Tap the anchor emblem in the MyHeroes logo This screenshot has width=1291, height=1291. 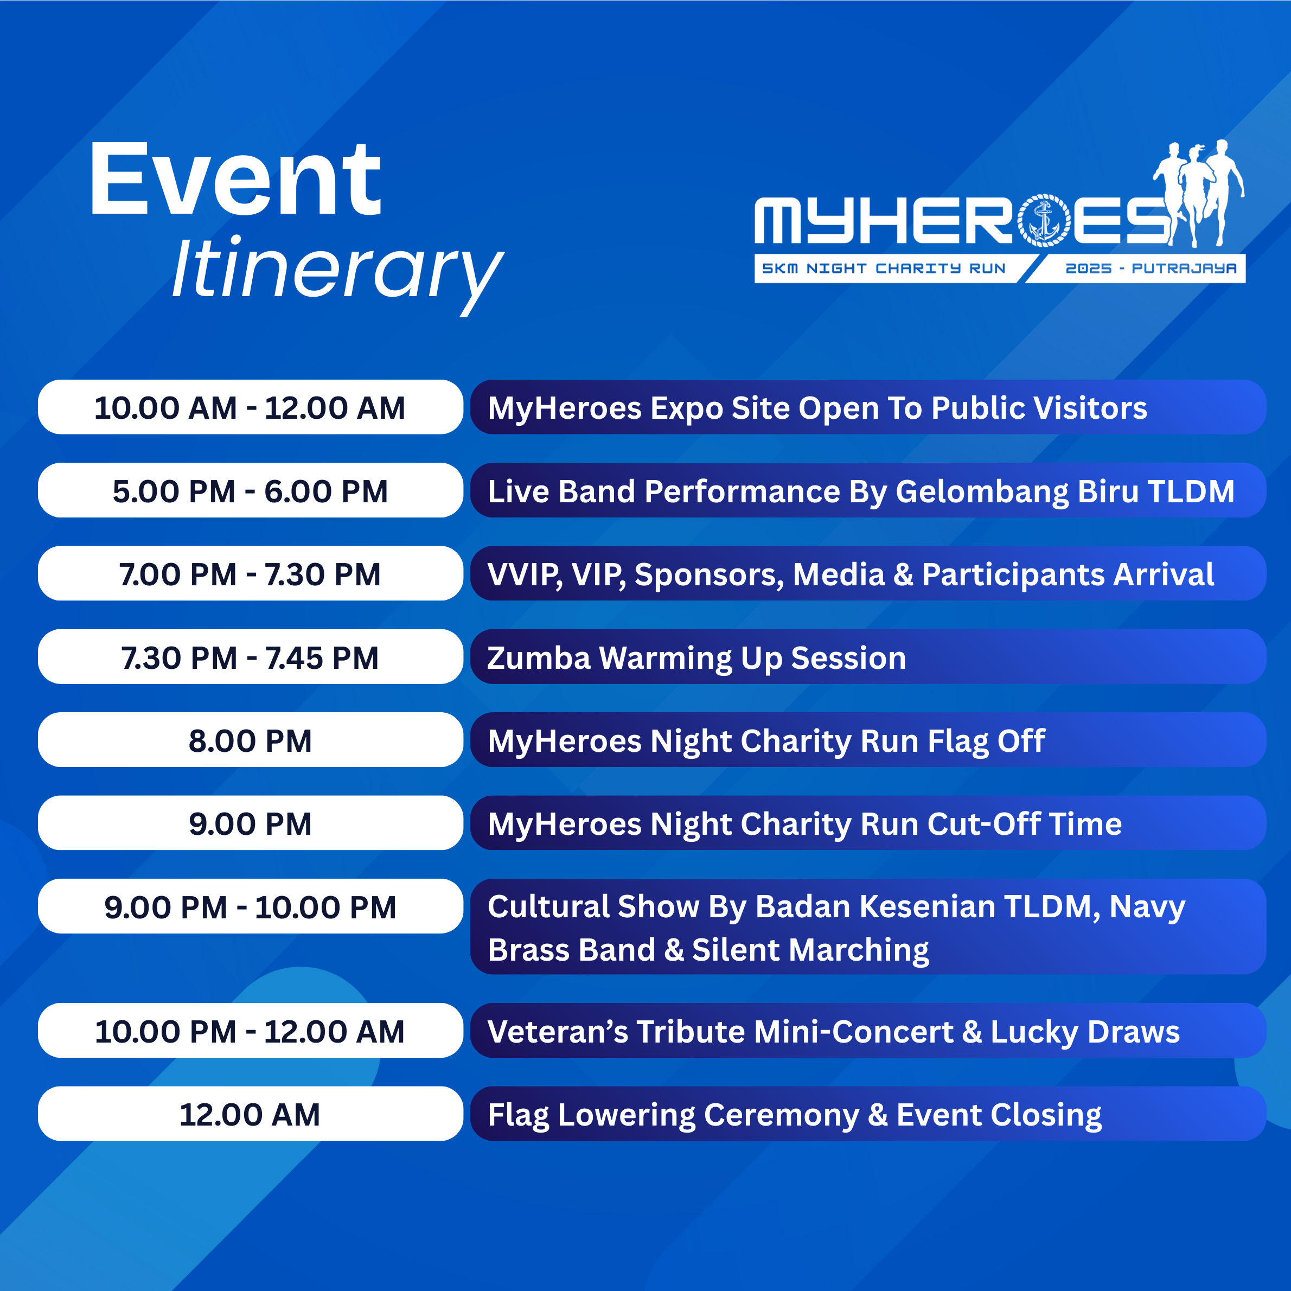(x=1044, y=221)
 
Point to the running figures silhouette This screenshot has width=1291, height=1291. (x=1199, y=193)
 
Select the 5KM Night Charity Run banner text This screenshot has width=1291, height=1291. (x=884, y=269)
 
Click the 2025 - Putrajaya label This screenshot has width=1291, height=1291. (x=1151, y=269)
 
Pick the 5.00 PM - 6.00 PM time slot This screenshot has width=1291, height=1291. (x=251, y=491)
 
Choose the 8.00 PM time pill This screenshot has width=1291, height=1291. (x=251, y=740)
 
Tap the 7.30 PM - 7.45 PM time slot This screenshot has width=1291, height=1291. (x=251, y=657)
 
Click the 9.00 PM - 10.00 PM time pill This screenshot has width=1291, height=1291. (x=251, y=907)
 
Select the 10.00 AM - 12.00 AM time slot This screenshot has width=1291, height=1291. (x=251, y=407)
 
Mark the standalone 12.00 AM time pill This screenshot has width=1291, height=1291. (x=251, y=1114)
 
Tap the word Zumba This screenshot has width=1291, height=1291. (x=539, y=658)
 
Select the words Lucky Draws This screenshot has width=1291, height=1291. (x=1085, y=1032)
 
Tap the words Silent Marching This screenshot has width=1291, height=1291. (x=810, y=950)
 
